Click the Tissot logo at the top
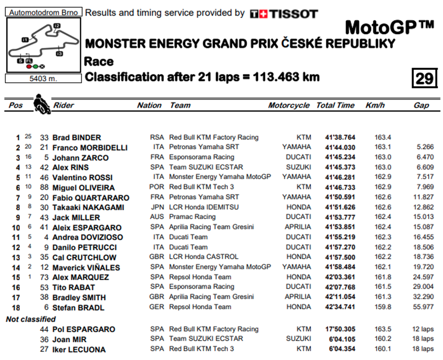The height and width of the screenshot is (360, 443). [x=284, y=14]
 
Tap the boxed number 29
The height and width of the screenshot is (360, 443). [x=424, y=78]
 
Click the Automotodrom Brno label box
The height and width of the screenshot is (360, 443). [x=44, y=12]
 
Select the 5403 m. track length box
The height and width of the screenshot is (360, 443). [x=44, y=78]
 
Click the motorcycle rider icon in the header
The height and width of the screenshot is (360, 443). [x=41, y=104]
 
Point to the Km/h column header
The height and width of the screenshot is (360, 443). [x=375, y=105]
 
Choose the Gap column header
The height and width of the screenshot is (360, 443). [x=421, y=105]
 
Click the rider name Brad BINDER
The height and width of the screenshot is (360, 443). [x=76, y=138]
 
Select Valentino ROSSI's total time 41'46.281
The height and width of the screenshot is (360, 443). [x=340, y=177]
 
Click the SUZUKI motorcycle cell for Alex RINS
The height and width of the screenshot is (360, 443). [x=298, y=167]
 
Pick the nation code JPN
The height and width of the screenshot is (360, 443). [x=158, y=207]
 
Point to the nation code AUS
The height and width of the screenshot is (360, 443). [x=158, y=217]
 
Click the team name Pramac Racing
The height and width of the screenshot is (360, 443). [x=192, y=217]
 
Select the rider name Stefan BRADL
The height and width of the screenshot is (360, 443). [x=78, y=308]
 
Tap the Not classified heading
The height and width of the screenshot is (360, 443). [x=31, y=319]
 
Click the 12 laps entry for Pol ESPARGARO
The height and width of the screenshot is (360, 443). [x=423, y=329]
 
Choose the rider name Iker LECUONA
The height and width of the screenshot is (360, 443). [x=79, y=350]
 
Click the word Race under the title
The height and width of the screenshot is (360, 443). [x=98, y=62]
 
